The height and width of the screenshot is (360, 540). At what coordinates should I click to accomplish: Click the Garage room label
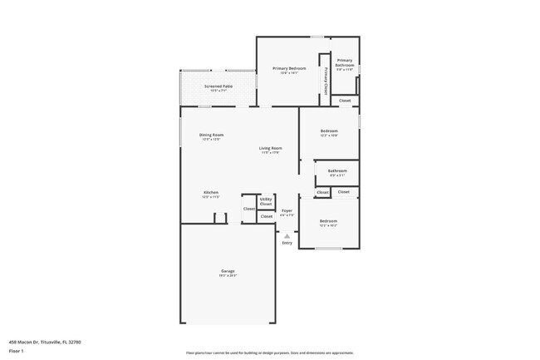[228, 272]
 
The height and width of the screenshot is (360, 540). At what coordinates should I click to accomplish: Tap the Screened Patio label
[218, 86]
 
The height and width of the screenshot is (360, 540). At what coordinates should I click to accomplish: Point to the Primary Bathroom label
[344, 62]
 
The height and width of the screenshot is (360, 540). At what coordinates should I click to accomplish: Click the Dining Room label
[211, 135]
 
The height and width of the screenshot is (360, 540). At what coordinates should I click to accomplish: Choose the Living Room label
[270, 148]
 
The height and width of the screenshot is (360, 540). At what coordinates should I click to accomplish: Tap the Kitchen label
[210, 192]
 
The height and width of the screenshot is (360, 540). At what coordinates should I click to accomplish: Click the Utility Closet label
[266, 201]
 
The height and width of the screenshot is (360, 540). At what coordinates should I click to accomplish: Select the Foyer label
[287, 210]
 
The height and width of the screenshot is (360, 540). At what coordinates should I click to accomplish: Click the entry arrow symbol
[287, 235]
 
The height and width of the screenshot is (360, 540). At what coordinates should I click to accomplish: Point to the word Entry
[287, 243]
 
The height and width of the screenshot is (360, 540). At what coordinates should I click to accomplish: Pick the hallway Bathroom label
[337, 170]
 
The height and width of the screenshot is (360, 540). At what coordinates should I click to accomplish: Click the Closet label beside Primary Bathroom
[345, 101]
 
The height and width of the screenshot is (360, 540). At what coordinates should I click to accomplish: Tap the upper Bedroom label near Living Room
[330, 131]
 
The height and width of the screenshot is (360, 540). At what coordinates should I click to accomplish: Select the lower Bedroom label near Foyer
[328, 220]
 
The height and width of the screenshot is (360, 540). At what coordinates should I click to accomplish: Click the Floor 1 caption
[15, 350]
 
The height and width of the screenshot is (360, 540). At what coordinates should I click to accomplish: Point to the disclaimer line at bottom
[270, 353]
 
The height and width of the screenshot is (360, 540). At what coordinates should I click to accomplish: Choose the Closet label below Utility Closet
[266, 216]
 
